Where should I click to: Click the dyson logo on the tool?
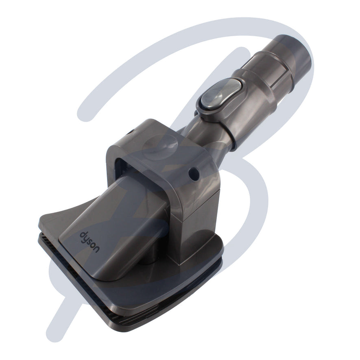tap(89, 242)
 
